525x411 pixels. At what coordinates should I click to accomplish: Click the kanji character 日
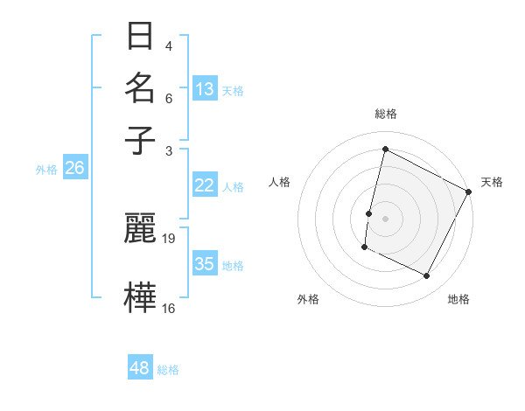pos(141,37)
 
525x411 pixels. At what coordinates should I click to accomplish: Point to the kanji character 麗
pos(141,227)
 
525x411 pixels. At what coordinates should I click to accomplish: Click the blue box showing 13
pos(205,89)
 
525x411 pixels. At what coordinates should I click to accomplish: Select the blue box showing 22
pos(205,185)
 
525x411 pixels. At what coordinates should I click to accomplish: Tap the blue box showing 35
pos(205,264)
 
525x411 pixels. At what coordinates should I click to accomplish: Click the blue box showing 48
pos(140,368)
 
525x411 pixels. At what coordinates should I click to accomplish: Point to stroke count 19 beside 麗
pos(170,238)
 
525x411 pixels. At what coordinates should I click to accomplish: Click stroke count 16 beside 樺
pos(170,308)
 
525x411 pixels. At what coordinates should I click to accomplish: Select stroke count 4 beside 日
pos(168,46)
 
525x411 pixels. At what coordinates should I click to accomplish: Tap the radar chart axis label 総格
pos(385,114)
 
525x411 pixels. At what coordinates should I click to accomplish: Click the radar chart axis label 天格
pos(492,182)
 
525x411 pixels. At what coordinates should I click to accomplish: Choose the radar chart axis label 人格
pos(280,182)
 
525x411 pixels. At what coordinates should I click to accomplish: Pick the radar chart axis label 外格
pos(308,299)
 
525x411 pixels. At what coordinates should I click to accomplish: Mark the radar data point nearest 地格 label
pos(427,276)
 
